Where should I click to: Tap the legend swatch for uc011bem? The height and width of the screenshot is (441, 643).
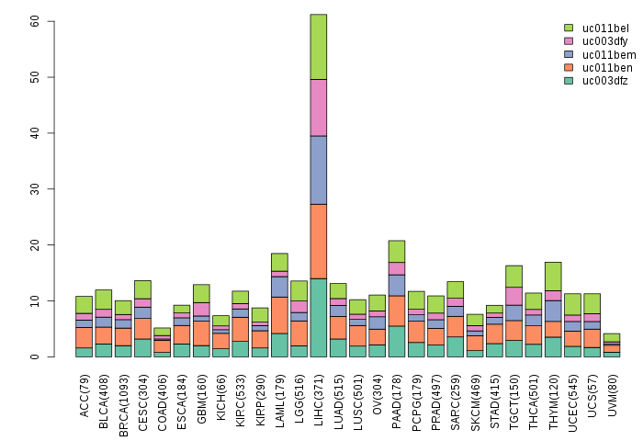(569, 54)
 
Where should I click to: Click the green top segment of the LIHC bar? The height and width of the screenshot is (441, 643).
(319, 47)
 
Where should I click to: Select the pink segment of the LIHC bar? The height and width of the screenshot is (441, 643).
(319, 107)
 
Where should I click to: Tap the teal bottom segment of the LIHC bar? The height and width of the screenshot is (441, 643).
(319, 317)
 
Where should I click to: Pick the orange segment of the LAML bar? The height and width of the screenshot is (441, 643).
(279, 315)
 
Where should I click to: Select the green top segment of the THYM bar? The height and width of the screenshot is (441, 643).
(553, 277)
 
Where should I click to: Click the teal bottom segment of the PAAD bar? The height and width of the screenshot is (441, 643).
(397, 341)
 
